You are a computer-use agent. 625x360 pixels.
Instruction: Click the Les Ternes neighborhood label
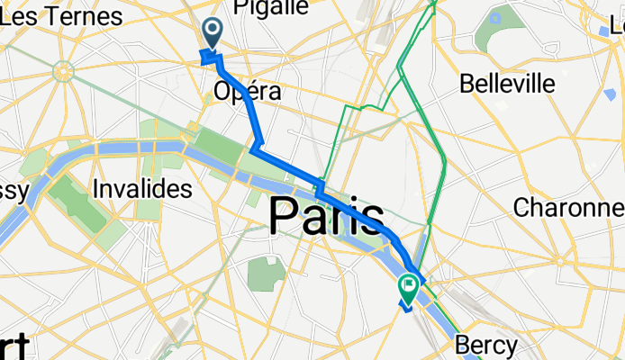[x=63, y=16]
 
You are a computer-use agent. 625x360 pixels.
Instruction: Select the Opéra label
[x=247, y=91]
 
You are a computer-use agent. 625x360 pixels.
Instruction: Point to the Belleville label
[x=506, y=84]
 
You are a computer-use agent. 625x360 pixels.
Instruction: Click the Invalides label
[x=142, y=189]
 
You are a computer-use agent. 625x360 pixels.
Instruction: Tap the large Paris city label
[x=327, y=217]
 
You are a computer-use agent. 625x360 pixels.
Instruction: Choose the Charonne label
[x=568, y=208]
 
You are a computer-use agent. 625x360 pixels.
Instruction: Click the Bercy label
[x=485, y=345]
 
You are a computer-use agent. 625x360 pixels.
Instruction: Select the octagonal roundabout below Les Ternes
[x=62, y=70]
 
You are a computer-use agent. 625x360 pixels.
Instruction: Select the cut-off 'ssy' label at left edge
[x=14, y=190]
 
